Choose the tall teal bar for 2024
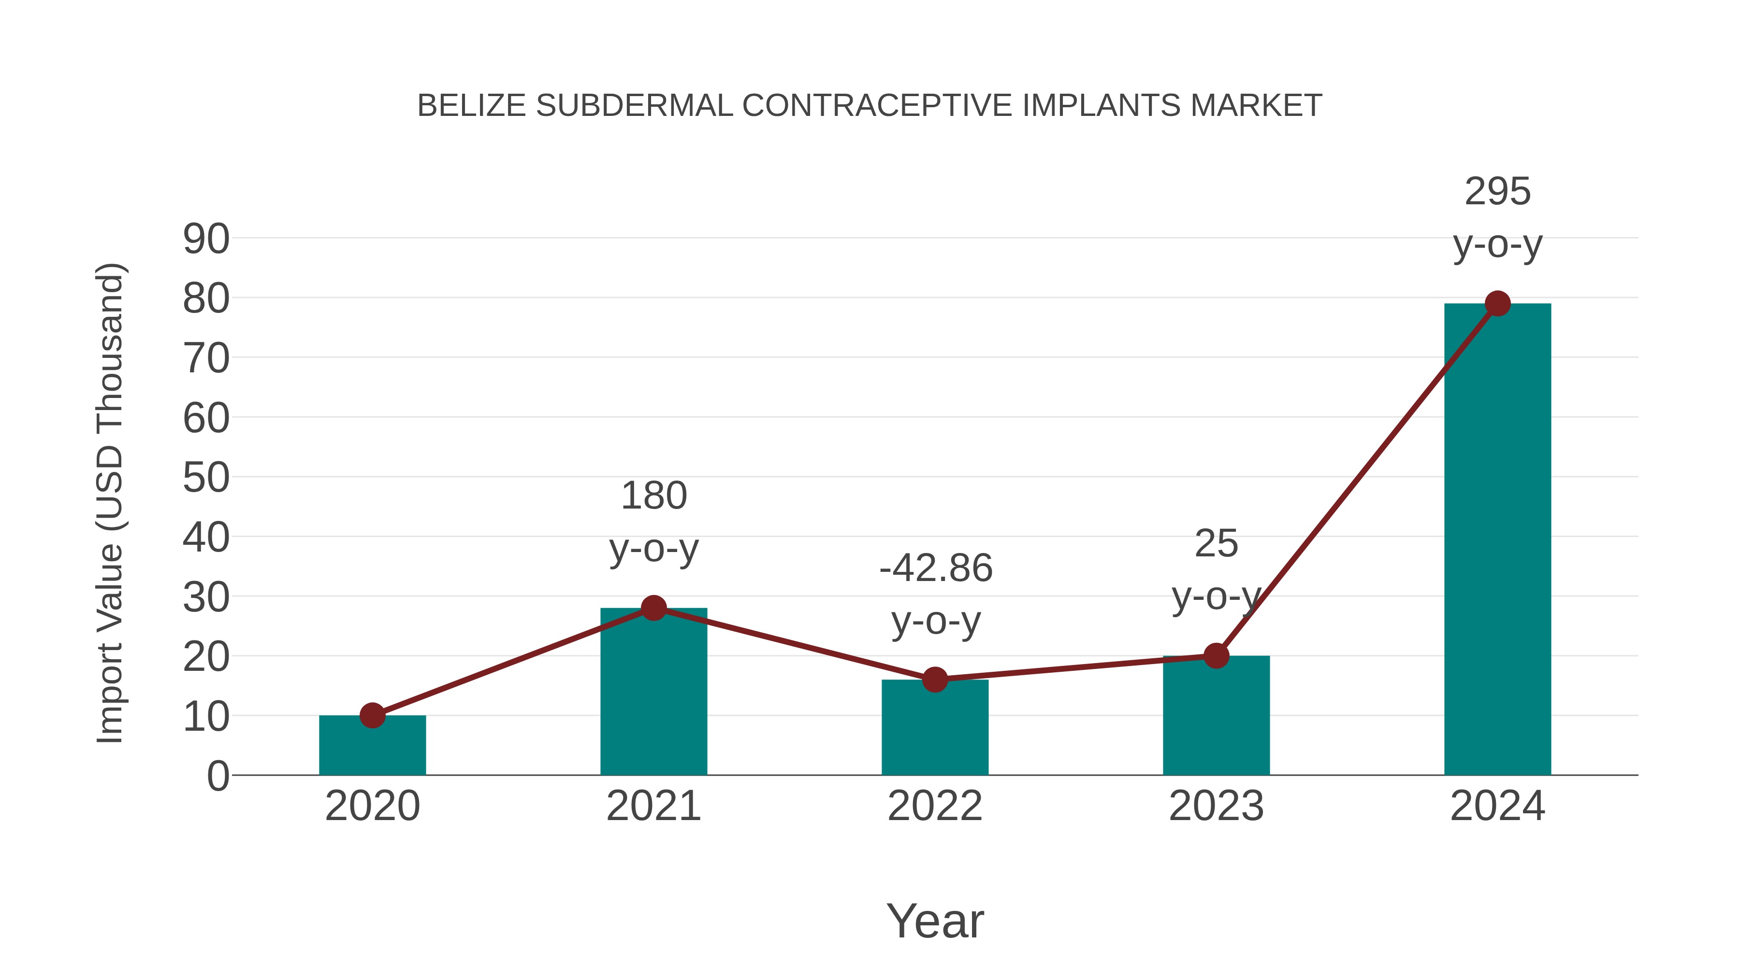[x=1497, y=540]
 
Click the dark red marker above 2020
[x=372, y=715]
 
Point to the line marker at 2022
[x=935, y=680]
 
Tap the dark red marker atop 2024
[x=1497, y=304]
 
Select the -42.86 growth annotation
[x=936, y=568]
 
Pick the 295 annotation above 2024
[x=1497, y=192]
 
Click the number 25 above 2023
[x=1216, y=544]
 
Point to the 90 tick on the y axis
[x=206, y=239]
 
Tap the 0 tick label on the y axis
[x=217, y=776]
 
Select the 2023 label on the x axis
[x=1216, y=806]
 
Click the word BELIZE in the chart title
[x=471, y=106]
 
